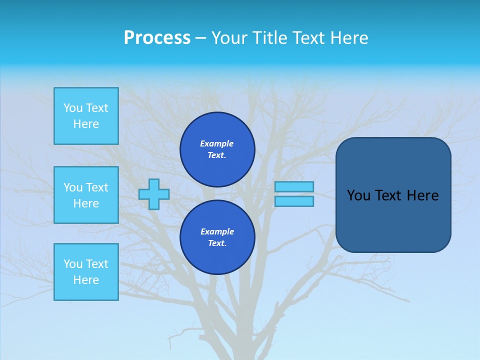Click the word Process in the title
(x=157, y=38)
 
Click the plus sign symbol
(x=154, y=194)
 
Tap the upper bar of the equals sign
(x=294, y=187)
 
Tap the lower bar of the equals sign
(x=294, y=201)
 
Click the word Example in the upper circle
(x=217, y=143)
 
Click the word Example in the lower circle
(x=217, y=231)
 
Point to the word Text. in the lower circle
(x=217, y=243)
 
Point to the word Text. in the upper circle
(x=217, y=155)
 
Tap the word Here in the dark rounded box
(x=422, y=195)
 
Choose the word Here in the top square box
(x=86, y=124)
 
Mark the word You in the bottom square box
(x=73, y=264)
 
